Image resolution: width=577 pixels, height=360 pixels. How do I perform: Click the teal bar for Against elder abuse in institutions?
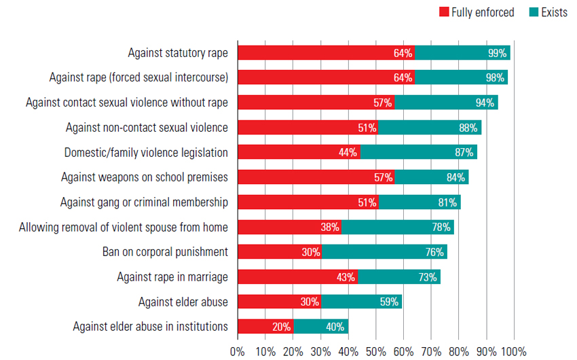(320, 327)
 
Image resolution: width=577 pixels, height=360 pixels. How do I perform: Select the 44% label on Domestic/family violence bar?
(348, 152)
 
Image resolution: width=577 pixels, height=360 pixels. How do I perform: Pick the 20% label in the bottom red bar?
(282, 327)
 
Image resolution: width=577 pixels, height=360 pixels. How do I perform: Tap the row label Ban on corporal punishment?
(165, 252)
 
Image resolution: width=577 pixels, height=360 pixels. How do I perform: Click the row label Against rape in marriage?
(172, 276)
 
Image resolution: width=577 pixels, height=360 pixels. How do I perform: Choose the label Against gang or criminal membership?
(144, 202)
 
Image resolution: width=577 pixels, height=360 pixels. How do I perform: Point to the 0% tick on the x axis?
(237, 351)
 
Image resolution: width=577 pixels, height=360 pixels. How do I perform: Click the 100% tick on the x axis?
(514, 351)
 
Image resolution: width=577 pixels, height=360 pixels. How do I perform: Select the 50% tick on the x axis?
(375, 351)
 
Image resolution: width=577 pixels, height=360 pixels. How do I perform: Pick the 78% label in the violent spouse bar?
(441, 227)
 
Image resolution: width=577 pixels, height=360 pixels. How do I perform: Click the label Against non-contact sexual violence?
(147, 127)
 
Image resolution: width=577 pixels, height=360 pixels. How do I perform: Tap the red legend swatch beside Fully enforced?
(445, 12)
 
